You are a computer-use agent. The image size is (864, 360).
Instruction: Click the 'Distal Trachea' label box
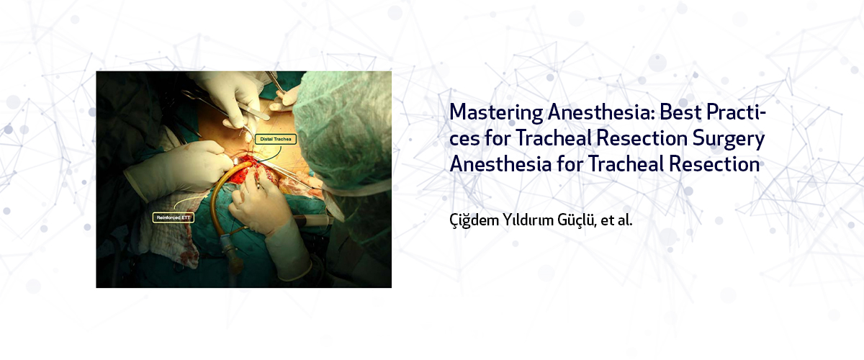pos(276,139)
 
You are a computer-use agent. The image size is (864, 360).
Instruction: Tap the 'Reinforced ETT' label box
pos(174,217)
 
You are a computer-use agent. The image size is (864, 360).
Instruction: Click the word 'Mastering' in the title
pos(496,112)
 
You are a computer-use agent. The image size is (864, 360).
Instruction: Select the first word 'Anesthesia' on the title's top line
pos(601,112)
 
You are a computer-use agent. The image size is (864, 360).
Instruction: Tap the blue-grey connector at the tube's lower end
pos(230,255)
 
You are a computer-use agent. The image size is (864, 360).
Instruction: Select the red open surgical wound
pos(262,170)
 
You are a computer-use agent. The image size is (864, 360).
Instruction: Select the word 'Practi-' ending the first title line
pos(736,112)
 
